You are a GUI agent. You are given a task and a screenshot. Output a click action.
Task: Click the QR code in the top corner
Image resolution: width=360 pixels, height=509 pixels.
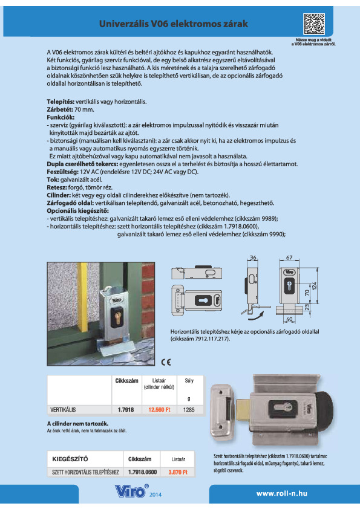click(x=314, y=25)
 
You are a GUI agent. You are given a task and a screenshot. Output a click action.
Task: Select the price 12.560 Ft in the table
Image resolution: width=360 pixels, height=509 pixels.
click(x=160, y=409)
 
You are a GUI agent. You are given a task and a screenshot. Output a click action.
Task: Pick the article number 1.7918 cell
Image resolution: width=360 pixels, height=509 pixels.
click(x=126, y=409)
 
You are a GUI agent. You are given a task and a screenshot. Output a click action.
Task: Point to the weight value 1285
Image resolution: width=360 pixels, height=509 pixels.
click(x=189, y=409)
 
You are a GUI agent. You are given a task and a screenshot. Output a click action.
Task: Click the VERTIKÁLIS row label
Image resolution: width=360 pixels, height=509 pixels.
click(x=62, y=409)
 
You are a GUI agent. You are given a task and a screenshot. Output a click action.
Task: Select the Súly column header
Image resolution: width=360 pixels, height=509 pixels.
click(x=189, y=381)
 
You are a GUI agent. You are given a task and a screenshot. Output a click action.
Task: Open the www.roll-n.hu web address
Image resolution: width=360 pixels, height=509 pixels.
click(x=282, y=493)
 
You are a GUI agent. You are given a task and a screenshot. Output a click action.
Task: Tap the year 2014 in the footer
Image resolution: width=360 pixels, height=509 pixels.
click(x=155, y=495)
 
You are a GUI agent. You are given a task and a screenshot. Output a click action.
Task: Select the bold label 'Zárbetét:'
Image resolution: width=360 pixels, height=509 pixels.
click(x=61, y=108)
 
